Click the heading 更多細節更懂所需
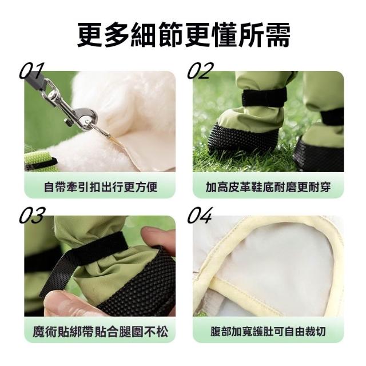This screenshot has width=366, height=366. [x=184, y=35]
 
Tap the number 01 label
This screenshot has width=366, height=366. [x=31, y=71]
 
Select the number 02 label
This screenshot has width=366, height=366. [x=201, y=71]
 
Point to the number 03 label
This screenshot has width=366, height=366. [x=31, y=215]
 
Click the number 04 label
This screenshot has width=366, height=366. [x=200, y=215]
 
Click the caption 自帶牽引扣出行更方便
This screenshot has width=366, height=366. [x=101, y=187]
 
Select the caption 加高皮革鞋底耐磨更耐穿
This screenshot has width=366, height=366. [x=268, y=187]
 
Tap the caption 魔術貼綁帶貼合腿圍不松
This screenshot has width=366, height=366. [x=101, y=332]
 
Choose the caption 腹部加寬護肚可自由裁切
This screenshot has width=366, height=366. [x=268, y=332]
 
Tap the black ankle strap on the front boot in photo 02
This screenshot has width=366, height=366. [x=264, y=97]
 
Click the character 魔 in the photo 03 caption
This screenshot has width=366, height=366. [x=38, y=332]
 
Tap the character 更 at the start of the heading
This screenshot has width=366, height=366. [x=90, y=35]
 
